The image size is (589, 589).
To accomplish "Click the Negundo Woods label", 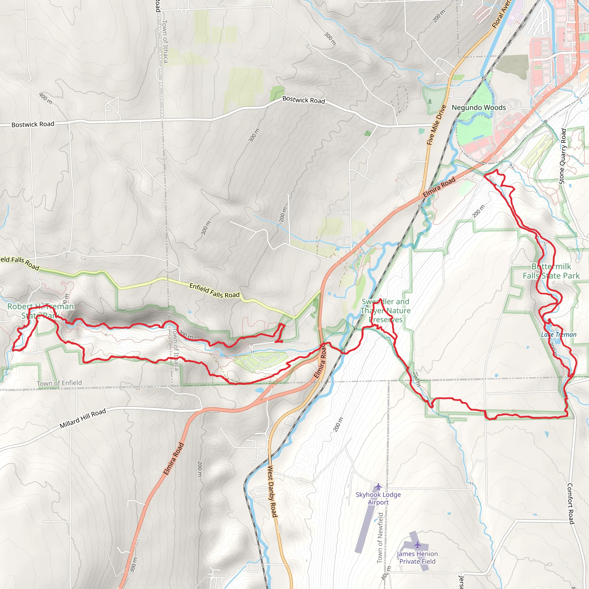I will [479, 108].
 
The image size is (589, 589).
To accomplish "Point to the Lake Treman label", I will [559, 335].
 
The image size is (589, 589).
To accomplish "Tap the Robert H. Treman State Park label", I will [41, 311].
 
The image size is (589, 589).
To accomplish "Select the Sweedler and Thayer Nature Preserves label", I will [385, 310].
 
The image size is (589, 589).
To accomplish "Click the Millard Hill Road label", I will [83, 418].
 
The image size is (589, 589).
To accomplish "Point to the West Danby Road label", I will [272, 491].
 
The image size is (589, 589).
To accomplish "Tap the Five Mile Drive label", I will [436, 125].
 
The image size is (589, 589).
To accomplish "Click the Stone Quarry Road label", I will [563, 156].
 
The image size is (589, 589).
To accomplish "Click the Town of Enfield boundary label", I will [59, 383].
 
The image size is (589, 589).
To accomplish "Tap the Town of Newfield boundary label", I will [380, 538].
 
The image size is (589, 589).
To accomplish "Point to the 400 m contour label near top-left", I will [46, 98].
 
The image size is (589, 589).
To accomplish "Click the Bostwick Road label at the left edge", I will [32, 124].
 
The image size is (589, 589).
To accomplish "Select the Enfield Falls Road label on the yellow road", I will [214, 290].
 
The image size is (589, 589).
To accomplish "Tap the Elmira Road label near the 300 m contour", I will [173, 458].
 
